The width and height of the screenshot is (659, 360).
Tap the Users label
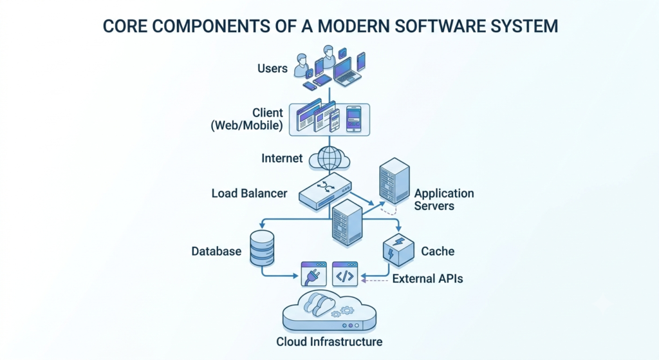tap(272, 68)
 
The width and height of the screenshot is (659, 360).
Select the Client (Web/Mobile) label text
tap(246, 119)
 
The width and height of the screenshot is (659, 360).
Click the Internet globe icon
tap(329, 158)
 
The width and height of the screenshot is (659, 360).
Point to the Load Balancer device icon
tap(325, 191)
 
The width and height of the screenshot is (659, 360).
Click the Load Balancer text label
tap(249, 193)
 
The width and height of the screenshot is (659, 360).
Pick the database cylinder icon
tap(262, 248)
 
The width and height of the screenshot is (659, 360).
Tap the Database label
tap(216, 251)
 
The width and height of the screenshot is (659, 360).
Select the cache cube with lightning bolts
tap(398, 250)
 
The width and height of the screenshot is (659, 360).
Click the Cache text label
tap(438, 251)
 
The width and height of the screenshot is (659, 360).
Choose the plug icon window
tap(314, 274)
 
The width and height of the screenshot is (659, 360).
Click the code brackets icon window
tap(345, 274)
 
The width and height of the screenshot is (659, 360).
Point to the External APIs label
tap(427, 278)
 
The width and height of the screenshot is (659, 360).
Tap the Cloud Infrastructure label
tap(329, 341)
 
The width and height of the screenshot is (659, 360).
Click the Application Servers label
tap(444, 200)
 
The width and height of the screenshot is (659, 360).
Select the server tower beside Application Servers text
tap(394, 181)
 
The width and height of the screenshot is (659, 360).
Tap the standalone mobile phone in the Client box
tap(353, 119)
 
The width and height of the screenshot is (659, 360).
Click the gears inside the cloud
tap(342, 312)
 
